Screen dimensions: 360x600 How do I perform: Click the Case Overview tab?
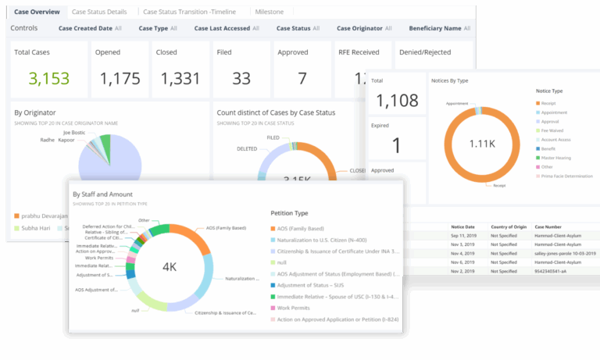(x=37, y=12)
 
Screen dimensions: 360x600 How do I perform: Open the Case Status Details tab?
(x=99, y=12)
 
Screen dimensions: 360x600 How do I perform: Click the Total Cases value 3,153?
(x=48, y=78)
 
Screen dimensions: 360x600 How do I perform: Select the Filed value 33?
(x=241, y=78)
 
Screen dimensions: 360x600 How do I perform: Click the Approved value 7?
(x=302, y=78)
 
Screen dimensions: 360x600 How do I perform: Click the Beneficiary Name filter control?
(x=442, y=28)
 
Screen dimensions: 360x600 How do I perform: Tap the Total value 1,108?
(x=396, y=101)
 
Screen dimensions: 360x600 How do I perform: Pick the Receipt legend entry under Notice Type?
(x=550, y=102)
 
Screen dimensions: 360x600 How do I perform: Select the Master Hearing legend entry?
(x=555, y=157)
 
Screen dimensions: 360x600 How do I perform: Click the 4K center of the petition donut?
(x=170, y=267)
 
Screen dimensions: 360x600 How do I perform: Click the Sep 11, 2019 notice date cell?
(x=461, y=234)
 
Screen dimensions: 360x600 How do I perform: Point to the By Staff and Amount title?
(x=102, y=194)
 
